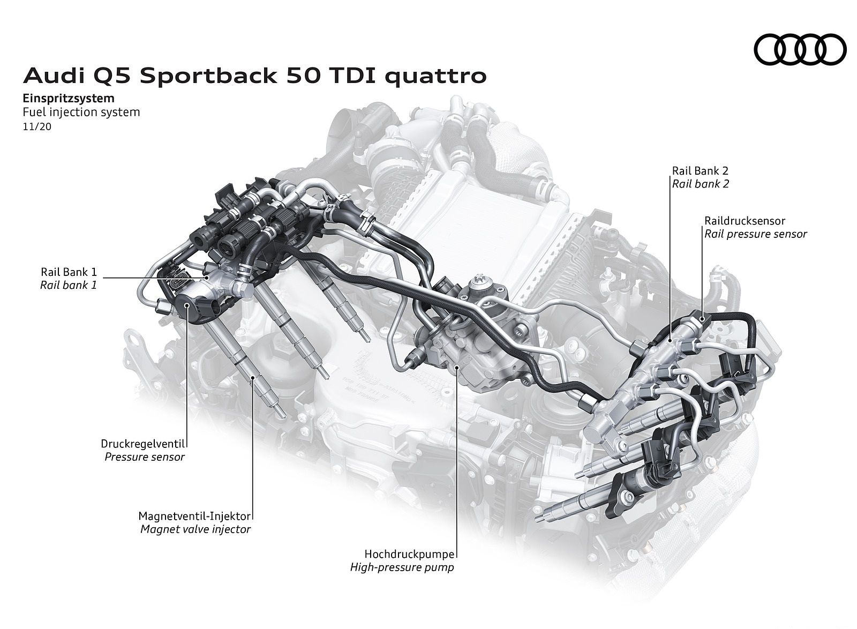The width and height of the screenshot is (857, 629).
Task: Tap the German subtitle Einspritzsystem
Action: [x=69, y=98]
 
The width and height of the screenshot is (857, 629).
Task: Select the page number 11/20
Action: [x=37, y=128]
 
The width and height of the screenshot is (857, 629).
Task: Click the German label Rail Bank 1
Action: [x=69, y=272]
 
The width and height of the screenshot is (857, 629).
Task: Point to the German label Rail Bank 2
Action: [x=700, y=171]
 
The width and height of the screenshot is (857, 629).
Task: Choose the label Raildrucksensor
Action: [x=745, y=221]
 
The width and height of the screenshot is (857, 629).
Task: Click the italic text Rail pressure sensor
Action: [x=755, y=234]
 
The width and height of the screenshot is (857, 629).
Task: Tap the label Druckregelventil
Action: [x=143, y=444]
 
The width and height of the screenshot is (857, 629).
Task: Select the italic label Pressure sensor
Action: [x=145, y=457]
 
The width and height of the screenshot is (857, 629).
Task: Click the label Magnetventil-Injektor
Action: [x=194, y=516]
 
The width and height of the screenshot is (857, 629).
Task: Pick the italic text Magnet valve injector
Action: [x=196, y=529]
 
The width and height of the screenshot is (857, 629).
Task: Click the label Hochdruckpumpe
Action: [x=409, y=554]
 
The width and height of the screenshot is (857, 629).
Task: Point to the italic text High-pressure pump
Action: [x=402, y=567]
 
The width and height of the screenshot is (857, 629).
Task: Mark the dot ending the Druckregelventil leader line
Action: [x=187, y=305]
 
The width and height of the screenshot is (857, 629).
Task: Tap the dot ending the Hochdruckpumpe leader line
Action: [x=456, y=366]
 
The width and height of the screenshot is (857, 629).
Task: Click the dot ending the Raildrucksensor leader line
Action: [x=702, y=319]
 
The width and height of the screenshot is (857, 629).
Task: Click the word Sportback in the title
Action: [x=208, y=76]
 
